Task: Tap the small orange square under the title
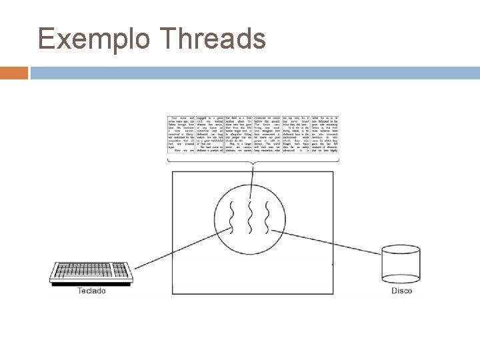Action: coord(14,72)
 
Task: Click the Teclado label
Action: coord(91,291)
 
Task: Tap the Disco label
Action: coord(401,291)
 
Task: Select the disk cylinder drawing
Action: coord(401,265)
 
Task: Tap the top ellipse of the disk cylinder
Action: coord(401,251)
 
